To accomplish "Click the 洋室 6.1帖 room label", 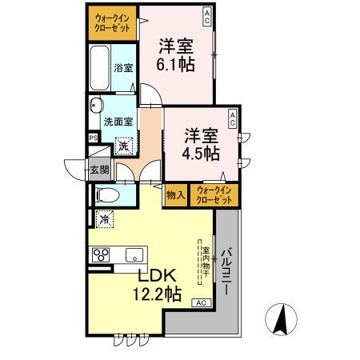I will point(176,54).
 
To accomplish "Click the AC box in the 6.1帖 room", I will point(207,14).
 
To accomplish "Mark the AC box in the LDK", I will point(201,302).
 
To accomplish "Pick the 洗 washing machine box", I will point(124,146).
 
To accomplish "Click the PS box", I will point(94,138).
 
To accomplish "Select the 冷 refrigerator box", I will point(104,218).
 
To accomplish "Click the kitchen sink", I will point(134,256).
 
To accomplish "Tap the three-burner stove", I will point(102,256).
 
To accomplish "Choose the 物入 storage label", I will point(175,194).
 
